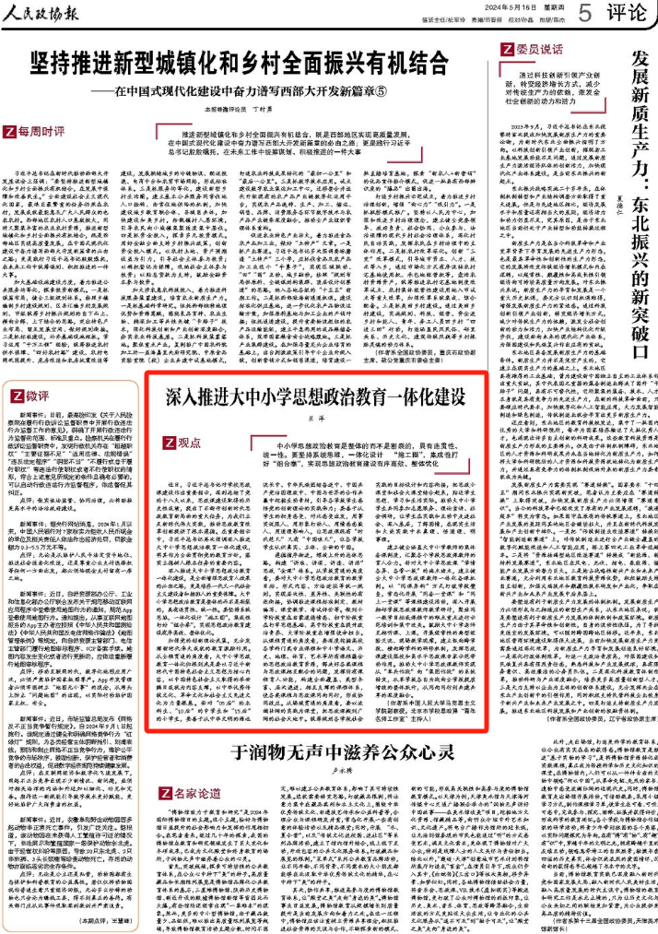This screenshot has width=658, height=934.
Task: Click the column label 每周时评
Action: pyautogui.click(x=47, y=130)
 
